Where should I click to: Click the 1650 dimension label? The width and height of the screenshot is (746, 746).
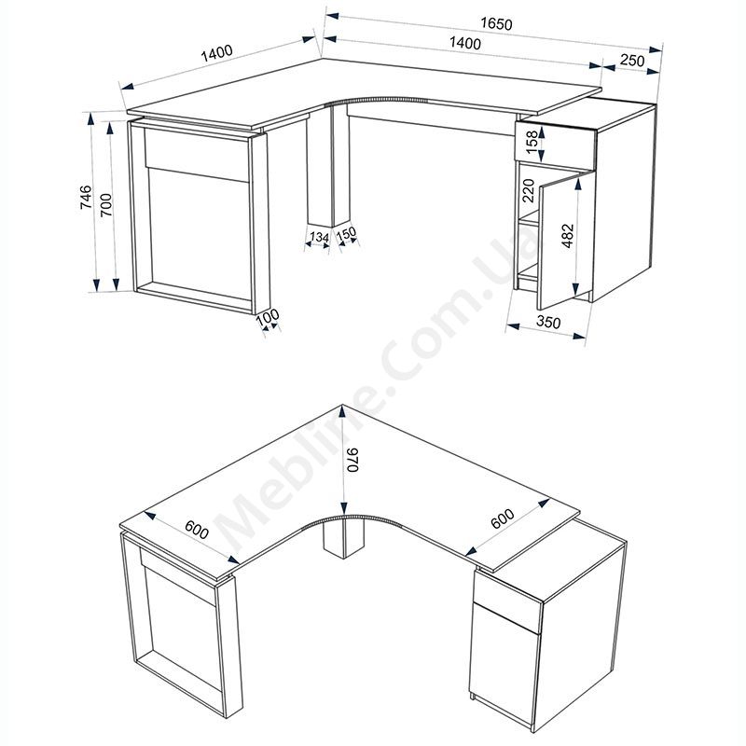[496, 24]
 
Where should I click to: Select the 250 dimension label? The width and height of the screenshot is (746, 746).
[632, 61]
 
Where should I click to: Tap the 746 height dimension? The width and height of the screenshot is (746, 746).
[86, 198]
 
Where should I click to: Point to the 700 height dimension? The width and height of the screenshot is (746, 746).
[105, 204]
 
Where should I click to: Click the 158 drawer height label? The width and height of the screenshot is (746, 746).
[532, 141]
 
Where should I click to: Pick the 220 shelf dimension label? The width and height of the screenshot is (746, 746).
[529, 190]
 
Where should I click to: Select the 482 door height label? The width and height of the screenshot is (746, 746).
[568, 236]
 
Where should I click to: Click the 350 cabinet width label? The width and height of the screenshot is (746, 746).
[548, 322]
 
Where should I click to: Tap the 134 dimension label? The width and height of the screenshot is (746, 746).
[319, 237]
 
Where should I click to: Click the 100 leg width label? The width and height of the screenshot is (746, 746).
[268, 317]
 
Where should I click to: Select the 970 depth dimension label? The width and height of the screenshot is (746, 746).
[352, 460]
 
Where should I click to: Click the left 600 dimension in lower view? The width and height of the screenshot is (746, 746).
[197, 530]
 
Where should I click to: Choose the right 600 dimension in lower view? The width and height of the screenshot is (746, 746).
[503, 518]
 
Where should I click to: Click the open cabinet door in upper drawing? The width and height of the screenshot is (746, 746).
[565, 241]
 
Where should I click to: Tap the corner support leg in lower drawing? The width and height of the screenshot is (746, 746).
[343, 538]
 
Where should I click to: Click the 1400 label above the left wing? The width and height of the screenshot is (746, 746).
[216, 53]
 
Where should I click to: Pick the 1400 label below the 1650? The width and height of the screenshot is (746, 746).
[464, 43]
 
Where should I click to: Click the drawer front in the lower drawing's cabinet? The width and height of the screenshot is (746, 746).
[507, 603]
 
